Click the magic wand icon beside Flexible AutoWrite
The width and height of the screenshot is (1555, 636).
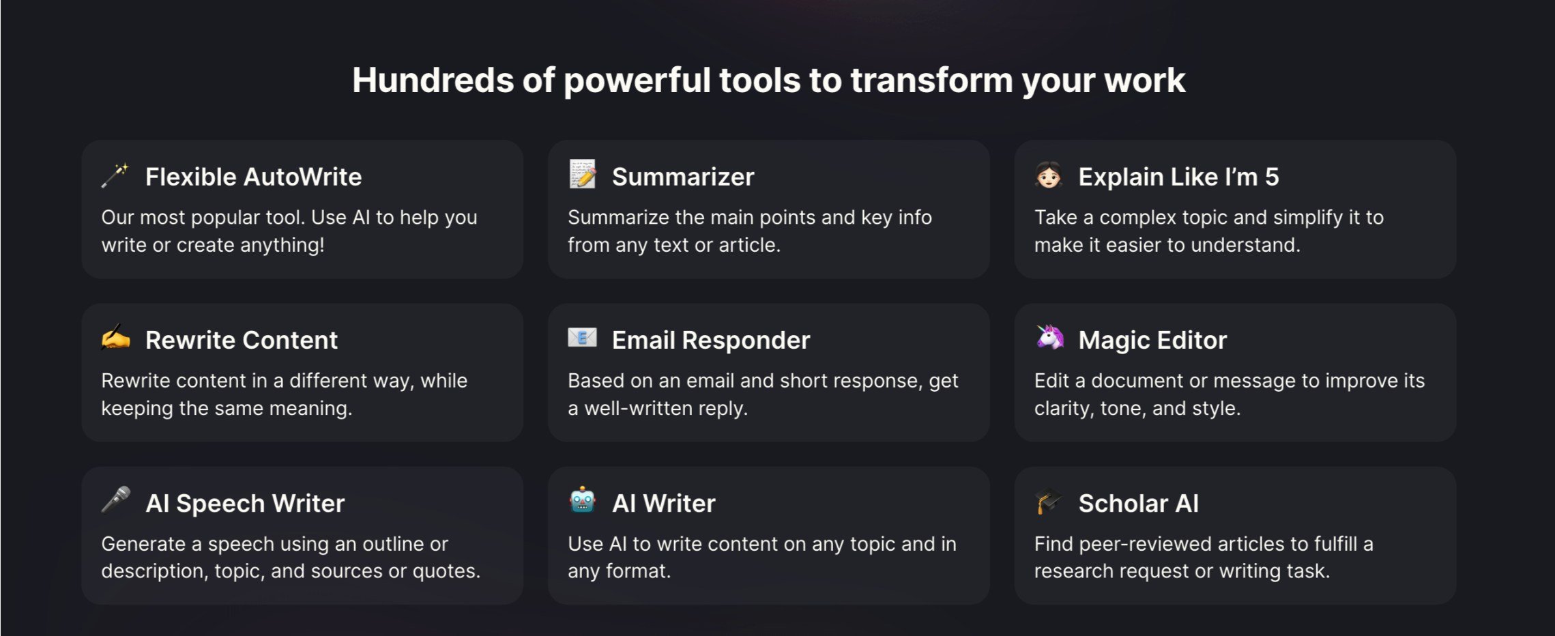click(x=115, y=175)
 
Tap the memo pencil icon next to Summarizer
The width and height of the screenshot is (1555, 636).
click(x=582, y=174)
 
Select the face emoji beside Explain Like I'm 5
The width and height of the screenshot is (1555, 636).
click(x=1049, y=175)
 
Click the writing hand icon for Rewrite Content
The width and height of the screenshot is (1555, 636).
click(x=115, y=337)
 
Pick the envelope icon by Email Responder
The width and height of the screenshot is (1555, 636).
click(x=582, y=337)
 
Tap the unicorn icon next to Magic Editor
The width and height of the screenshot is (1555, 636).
click(x=1049, y=337)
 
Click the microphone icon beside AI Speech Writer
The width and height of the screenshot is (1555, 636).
click(x=116, y=500)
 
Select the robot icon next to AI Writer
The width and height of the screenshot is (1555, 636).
click(x=583, y=500)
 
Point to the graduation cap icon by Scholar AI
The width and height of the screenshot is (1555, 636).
click(x=1048, y=500)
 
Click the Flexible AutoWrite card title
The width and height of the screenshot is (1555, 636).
click(x=253, y=177)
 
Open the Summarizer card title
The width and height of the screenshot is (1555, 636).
click(x=683, y=177)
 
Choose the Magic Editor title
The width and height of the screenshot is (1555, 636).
click(x=1152, y=340)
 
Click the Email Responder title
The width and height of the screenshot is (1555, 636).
click(x=711, y=340)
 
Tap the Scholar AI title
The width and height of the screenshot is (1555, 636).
click(x=1139, y=503)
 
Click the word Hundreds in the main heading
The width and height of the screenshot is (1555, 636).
click(x=433, y=80)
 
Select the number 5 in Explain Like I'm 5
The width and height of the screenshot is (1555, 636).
click(x=1272, y=177)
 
